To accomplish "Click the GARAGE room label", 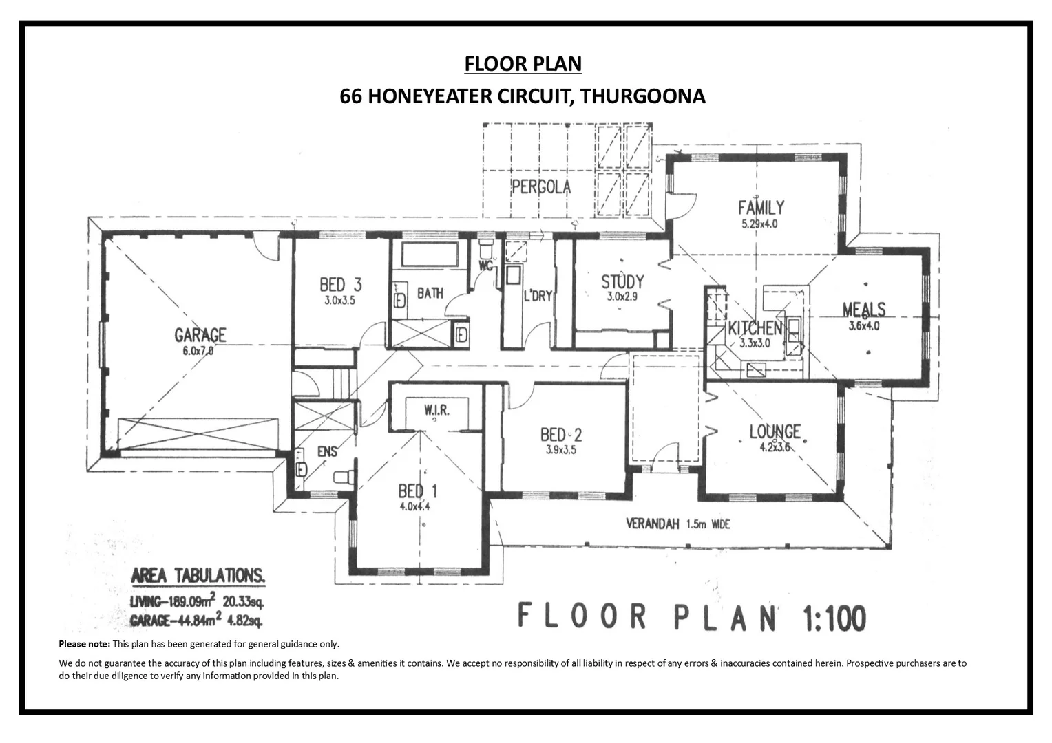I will [x=200, y=335].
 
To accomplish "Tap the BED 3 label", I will [x=340, y=284].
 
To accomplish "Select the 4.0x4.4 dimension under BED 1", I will [x=414, y=507].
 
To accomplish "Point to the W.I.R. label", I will [x=436, y=410].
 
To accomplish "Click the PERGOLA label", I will [x=541, y=186].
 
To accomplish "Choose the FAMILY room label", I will [x=761, y=207].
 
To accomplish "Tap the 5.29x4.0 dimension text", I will [x=759, y=224].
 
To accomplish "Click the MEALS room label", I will [x=864, y=310].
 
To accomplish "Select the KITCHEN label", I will [x=755, y=328].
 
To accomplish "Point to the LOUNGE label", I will [x=775, y=431].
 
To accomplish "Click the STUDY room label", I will [x=622, y=281].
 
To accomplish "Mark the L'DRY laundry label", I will [x=538, y=296].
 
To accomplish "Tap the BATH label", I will [x=430, y=293].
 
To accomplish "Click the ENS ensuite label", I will [x=327, y=451].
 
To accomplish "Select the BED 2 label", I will [x=561, y=434].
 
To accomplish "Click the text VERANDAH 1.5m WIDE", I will [x=677, y=524].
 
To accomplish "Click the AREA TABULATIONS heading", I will [x=198, y=575].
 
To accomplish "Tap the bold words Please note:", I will [x=84, y=644].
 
